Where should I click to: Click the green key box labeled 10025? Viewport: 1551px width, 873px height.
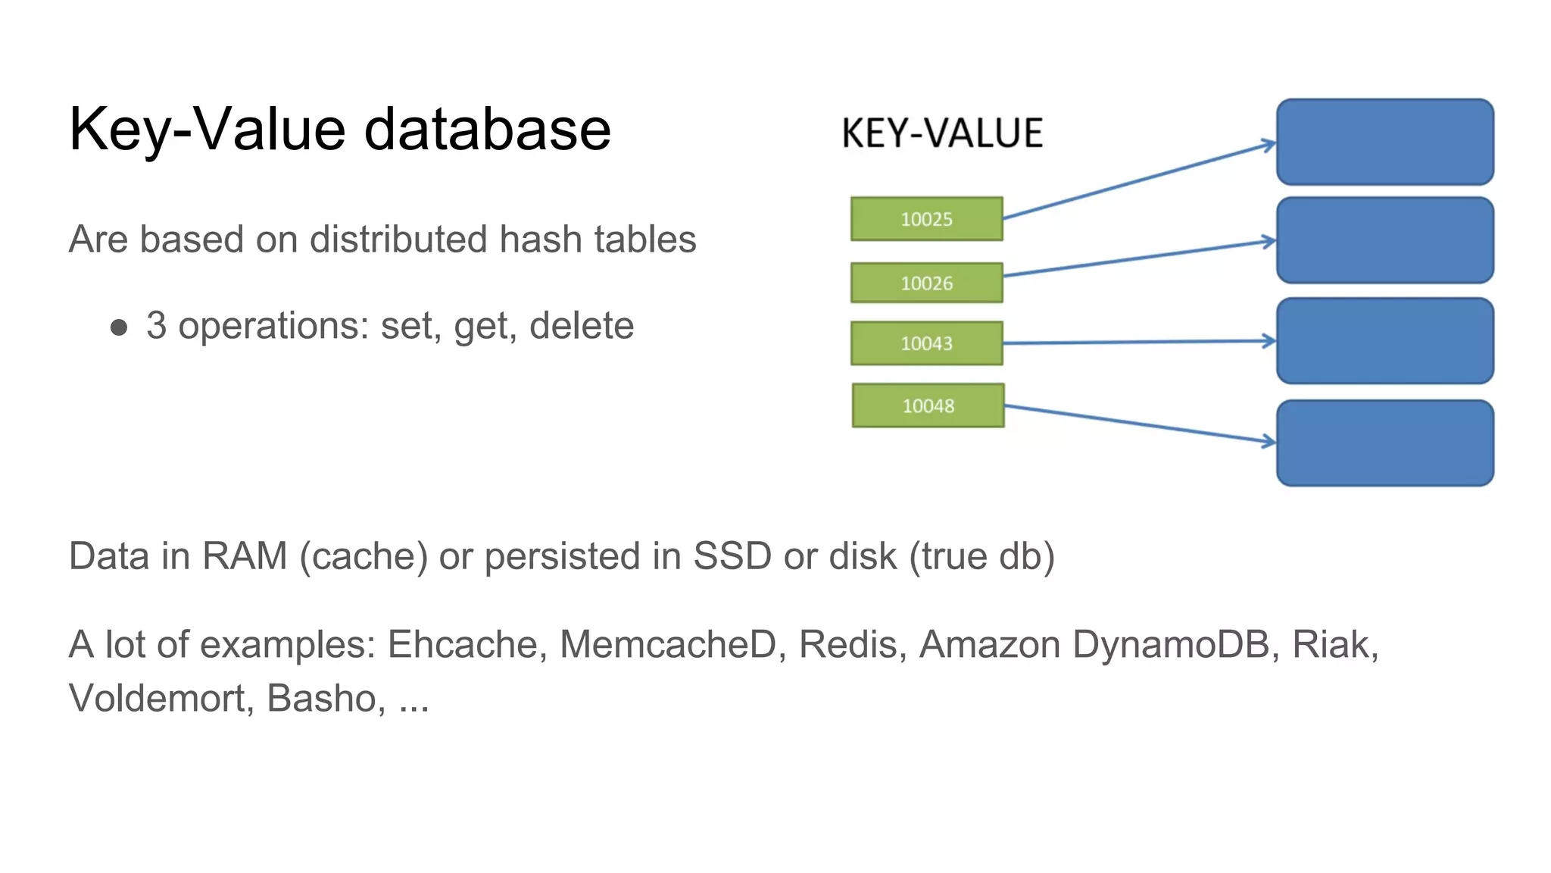926,219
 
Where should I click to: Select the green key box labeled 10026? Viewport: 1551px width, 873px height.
926,283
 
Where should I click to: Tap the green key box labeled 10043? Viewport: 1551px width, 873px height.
926,343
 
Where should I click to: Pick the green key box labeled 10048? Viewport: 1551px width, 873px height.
928,405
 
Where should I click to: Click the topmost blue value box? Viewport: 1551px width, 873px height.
1384,142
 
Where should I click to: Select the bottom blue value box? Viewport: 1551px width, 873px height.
1384,443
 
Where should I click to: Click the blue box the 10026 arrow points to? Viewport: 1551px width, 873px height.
1384,240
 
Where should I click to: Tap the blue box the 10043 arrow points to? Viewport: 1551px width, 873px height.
1384,341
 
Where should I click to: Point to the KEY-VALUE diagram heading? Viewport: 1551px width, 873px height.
942,133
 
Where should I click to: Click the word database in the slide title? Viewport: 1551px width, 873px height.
487,129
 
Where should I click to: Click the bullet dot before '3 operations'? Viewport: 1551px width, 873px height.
119,327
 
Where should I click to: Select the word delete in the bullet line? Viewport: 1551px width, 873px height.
581,326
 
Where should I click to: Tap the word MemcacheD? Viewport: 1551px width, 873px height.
669,645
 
